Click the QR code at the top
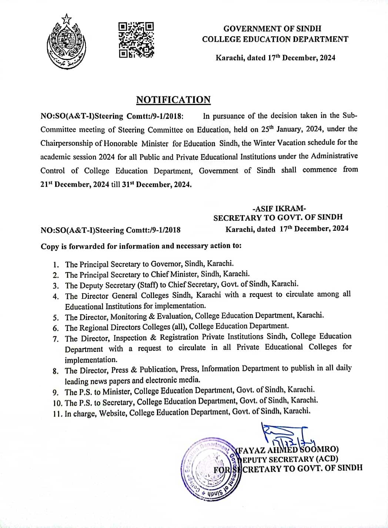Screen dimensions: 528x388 tap(136, 40)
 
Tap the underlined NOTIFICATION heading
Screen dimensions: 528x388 tap(173, 100)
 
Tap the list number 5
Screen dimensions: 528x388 tap(56, 318)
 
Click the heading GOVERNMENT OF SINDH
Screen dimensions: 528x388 tap(272, 28)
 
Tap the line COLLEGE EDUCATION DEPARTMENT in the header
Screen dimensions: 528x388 tap(275, 39)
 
